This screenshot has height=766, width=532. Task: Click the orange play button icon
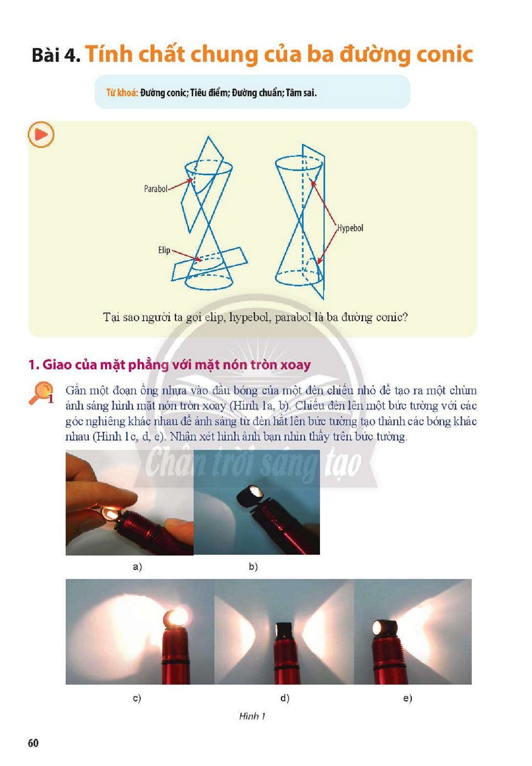coord(41,135)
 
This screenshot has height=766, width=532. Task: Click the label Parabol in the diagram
coord(155,189)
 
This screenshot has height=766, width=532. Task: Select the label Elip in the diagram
coord(164,250)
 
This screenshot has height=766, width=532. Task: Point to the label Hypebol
coord(350,228)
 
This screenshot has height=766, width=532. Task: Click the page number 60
coord(33,743)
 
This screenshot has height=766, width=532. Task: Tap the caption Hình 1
coord(252,716)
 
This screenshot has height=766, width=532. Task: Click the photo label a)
coord(137,566)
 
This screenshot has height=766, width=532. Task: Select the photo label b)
coord(253,566)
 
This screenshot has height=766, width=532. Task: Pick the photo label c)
coord(137,697)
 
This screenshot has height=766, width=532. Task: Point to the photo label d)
coord(285,697)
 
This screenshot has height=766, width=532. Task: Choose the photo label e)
coord(407,697)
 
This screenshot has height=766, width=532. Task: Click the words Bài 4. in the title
coord(56,55)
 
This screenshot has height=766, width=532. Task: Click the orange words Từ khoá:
coord(122,93)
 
